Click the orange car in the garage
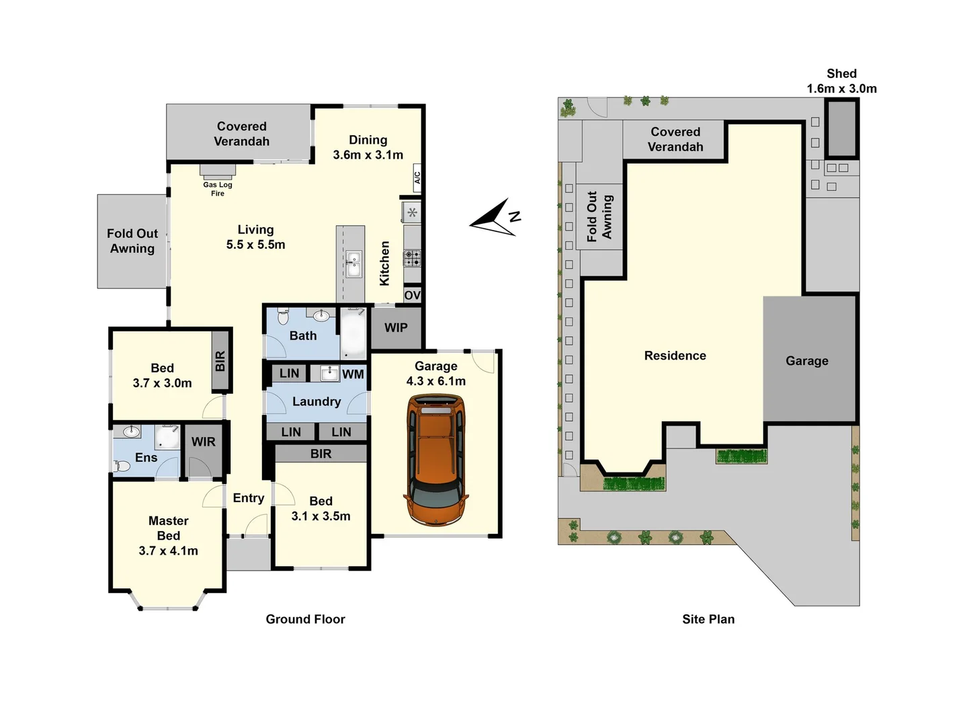coord(435,460)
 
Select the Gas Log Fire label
coord(217,189)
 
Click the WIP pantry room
coord(396,328)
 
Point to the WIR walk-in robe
coord(203,442)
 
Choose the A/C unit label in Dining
coord(417,177)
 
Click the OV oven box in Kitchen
coord(412,296)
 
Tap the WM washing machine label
coord(353,374)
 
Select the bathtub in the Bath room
coord(353,333)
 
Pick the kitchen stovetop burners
coord(412,257)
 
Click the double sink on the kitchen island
coord(353,264)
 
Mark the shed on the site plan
coord(841,128)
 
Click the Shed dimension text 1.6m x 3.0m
coord(841,89)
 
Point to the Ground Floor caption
coord(305,619)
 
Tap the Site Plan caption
coord(708,619)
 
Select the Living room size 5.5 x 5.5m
coord(255,245)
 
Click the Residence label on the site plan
coord(675,356)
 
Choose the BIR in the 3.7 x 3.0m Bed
coord(220,362)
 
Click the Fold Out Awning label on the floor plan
coord(132,241)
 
